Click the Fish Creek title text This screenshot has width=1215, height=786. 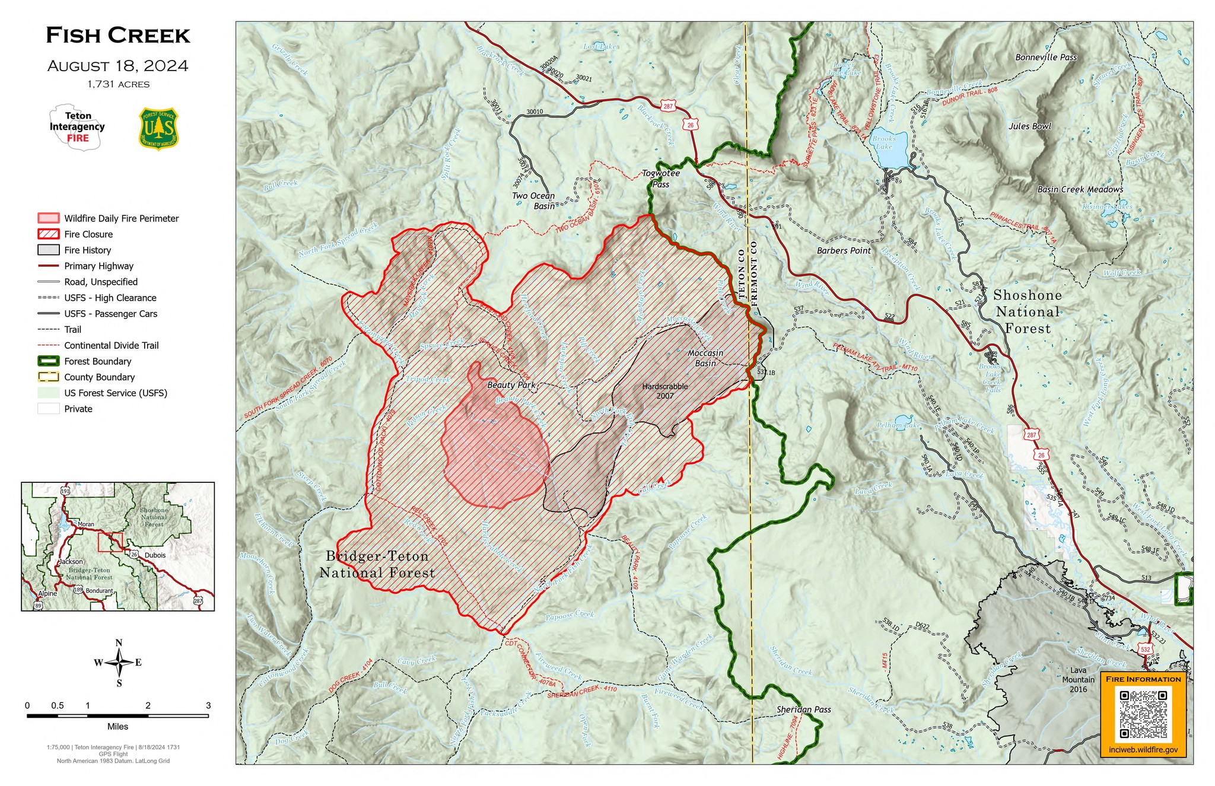click(x=118, y=36)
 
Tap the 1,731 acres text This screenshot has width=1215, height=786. click(x=118, y=84)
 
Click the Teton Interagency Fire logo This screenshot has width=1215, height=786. click(x=77, y=127)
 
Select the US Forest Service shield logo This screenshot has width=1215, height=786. click(x=158, y=128)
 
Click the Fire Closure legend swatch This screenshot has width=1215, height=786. click(x=48, y=234)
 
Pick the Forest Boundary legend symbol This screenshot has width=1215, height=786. click(x=48, y=361)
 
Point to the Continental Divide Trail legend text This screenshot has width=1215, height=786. click(x=111, y=345)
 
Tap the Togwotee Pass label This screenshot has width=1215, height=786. click(x=661, y=179)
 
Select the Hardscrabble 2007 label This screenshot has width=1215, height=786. click(x=664, y=391)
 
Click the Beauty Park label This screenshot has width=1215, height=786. click(x=511, y=385)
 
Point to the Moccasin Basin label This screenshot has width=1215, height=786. click(x=705, y=358)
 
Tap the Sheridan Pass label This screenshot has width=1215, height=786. click(x=803, y=709)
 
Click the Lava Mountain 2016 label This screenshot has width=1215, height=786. click(x=1078, y=680)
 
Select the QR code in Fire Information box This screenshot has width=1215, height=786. click(x=1143, y=714)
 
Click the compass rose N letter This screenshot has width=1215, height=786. click(x=119, y=643)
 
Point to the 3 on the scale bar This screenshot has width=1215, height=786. click(x=208, y=705)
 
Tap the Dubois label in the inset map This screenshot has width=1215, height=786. click(x=155, y=555)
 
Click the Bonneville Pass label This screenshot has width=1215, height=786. click(x=1046, y=58)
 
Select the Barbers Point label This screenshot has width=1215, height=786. click(x=843, y=251)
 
